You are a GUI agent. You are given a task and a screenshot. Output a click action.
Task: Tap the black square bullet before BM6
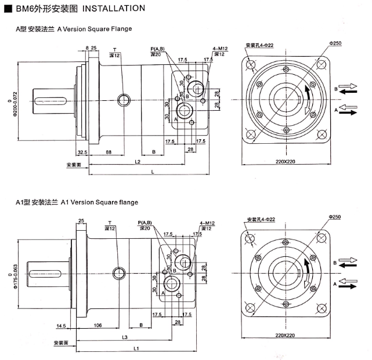[x=8, y=9]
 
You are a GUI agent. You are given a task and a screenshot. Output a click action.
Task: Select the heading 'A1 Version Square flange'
[x=99, y=202]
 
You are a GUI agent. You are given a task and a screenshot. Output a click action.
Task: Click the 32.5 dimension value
[x=82, y=152]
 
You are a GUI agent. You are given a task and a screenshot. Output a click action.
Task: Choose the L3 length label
[x=124, y=336]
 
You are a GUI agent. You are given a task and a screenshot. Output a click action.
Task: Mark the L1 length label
[x=136, y=348]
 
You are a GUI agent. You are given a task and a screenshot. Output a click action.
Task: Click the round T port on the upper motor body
[x=124, y=100]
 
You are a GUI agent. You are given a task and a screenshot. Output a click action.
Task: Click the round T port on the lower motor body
[x=120, y=272]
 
